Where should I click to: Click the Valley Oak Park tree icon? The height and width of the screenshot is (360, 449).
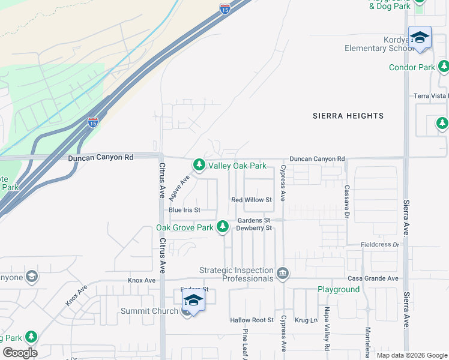[x=199, y=165]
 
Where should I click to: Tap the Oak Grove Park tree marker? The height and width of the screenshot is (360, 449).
[x=223, y=227]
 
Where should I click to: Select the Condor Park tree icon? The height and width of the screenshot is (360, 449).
[x=444, y=67]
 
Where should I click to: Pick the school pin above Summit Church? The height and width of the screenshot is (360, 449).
[x=193, y=299]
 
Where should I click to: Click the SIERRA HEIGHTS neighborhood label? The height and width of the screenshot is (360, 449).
[x=348, y=116]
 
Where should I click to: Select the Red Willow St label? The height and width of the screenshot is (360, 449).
[x=252, y=200]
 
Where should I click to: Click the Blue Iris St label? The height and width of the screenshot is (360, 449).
[x=184, y=210]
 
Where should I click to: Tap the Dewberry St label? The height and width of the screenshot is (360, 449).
[x=255, y=228]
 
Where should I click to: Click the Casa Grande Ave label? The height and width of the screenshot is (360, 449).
[x=373, y=279]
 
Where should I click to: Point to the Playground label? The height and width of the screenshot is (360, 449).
[x=339, y=289]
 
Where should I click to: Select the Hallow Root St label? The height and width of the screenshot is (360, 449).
[x=252, y=320]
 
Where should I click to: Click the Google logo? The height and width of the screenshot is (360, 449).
[x=20, y=353]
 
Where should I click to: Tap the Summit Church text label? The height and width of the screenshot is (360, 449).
[x=149, y=311]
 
